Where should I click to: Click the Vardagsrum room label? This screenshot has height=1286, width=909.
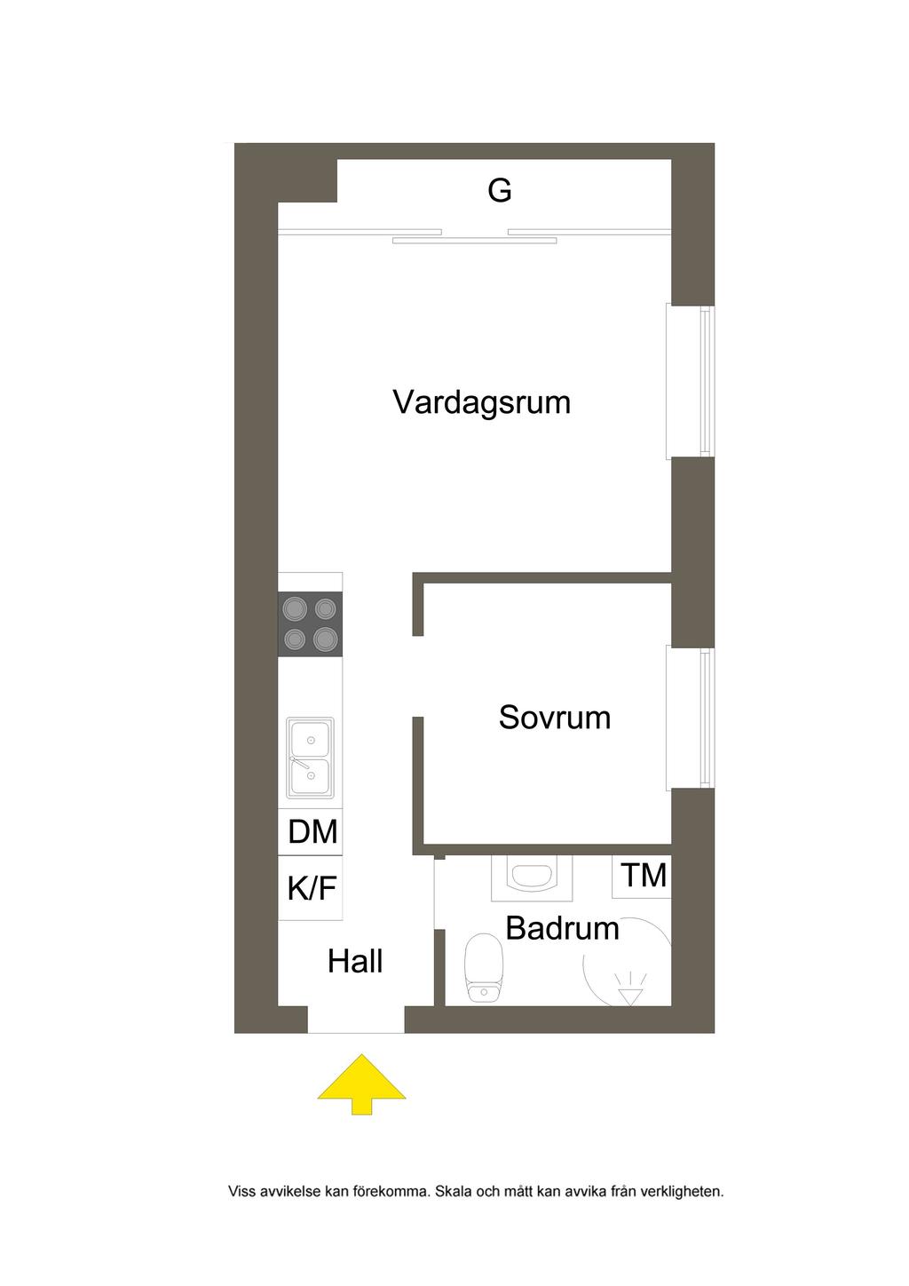click(481, 403)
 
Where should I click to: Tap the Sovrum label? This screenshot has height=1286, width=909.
click(554, 718)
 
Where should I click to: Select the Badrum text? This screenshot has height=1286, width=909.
click(563, 928)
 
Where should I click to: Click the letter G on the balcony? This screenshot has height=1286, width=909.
click(499, 190)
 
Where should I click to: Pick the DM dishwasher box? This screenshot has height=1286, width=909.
click(311, 832)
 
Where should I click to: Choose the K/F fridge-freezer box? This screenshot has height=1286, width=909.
click(311, 888)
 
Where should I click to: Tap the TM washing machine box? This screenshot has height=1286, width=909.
click(642, 876)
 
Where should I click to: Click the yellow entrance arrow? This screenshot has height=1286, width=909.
click(361, 1084)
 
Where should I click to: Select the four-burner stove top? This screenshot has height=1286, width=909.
click(311, 624)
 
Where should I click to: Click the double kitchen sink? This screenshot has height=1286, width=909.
click(311, 758)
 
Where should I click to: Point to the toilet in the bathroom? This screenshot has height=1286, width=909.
click(484, 968)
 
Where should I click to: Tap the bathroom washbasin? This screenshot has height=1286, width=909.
click(532, 877)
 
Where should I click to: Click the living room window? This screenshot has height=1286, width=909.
click(691, 382)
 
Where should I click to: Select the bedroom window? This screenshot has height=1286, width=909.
click(691, 718)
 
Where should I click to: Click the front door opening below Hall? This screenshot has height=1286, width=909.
click(356, 1020)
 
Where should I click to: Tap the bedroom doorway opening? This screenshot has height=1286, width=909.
click(418, 676)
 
